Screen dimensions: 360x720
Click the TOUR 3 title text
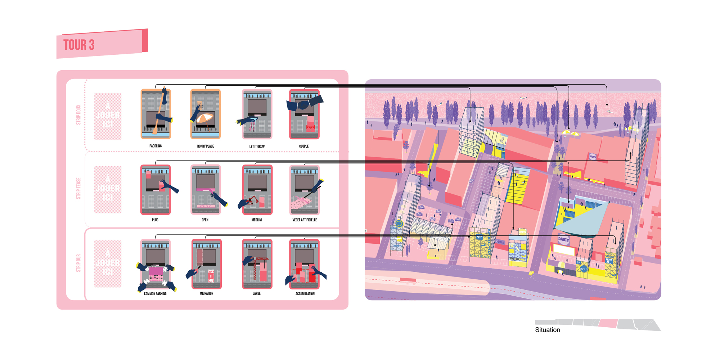tap(79, 45)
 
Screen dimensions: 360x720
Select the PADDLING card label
tap(156, 146)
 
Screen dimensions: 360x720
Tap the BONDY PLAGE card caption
tap(206, 147)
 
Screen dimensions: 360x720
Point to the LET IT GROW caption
tap(257, 147)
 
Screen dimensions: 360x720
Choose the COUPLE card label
tap(304, 147)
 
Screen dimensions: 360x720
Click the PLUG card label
tap(155, 220)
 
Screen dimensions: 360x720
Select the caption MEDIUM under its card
tap(257, 220)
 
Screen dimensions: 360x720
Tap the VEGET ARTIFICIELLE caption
tap(305, 220)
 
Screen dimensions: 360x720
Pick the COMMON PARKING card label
tap(155, 294)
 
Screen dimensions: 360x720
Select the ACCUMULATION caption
tap(305, 294)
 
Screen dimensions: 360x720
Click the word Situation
tap(547, 330)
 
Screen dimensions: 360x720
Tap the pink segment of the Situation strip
tap(608, 324)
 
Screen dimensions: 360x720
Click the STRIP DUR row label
tap(78, 263)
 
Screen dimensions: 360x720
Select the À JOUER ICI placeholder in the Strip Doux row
tap(108, 116)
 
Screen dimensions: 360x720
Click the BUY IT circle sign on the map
tap(584, 269)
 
